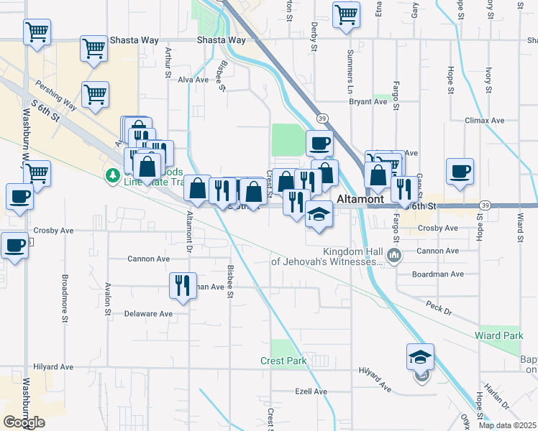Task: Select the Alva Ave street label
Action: [x=193, y=80]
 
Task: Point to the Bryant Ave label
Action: [x=368, y=102]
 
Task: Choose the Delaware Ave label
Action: [x=148, y=314]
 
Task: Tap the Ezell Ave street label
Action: [x=311, y=391]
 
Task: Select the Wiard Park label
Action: [x=498, y=335]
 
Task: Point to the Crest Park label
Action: [x=283, y=361]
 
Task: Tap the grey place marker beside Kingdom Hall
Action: [x=393, y=255]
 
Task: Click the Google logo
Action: [x=24, y=422]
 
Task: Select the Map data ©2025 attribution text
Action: [x=508, y=425]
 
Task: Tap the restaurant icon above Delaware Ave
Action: [x=182, y=285]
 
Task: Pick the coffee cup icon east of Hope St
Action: [x=460, y=172]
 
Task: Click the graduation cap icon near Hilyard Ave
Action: [x=421, y=357]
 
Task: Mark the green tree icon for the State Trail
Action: [x=112, y=175]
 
